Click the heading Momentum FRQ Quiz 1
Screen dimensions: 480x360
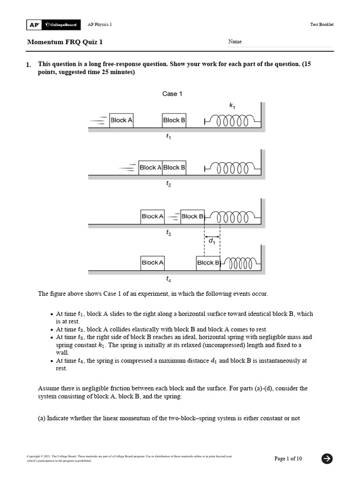click(x=65, y=42)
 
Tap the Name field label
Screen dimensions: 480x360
click(x=235, y=42)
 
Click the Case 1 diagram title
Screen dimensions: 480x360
click(x=172, y=94)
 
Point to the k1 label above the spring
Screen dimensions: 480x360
click(x=232, y=106)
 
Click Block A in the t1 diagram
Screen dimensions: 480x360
click(x=121, y=120)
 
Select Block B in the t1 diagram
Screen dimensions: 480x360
click(x=174, y=120)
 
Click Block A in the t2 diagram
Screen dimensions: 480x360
click(x=150, y=167)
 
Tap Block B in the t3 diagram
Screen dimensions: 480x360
click(x=192, y=217)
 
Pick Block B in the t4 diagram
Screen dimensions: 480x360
click(x=208, y=263)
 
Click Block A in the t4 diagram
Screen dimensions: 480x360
click(x=152, y=263)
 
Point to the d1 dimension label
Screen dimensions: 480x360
click(x=212, y=241)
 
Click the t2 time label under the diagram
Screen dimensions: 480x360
click(x=168, y=185)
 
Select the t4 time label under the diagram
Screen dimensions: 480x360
click(x=168, y=279)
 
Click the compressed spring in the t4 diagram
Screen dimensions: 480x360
click(x=240, y=263)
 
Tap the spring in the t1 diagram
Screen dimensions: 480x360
click(x=232, y=121)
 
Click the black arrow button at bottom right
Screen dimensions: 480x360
click(x=327, y=458)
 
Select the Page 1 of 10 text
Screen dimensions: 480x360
click(x=288, y=458)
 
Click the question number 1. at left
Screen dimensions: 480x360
click(x=29, y=65)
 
